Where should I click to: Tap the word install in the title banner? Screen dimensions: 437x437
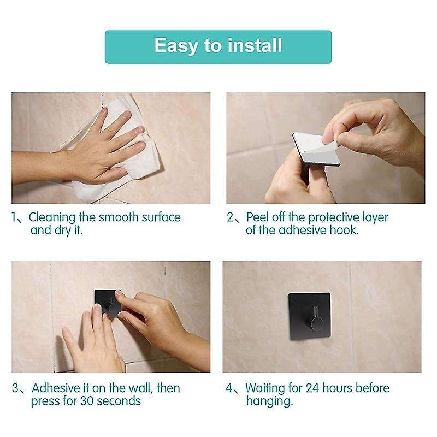click(252, 45)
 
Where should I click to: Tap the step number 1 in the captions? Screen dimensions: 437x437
click(15, 218)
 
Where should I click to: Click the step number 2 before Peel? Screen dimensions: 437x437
click(230, 218)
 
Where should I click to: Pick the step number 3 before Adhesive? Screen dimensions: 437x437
click(16, 389)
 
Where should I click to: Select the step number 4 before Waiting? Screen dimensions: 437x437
click(230, 389)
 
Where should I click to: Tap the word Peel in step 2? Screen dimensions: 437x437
click(259, 217)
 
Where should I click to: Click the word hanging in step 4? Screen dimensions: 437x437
click(269, 402)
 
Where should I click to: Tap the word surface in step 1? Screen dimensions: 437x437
click(160, 217)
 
